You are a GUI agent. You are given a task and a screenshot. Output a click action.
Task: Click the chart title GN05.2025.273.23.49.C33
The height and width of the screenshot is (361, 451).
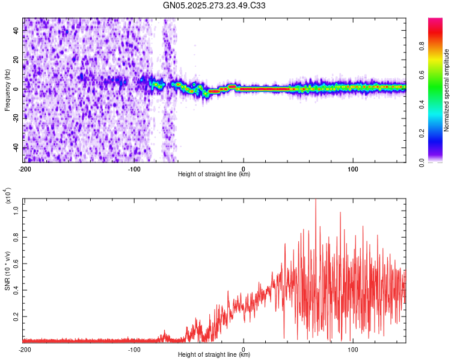coord(215,6)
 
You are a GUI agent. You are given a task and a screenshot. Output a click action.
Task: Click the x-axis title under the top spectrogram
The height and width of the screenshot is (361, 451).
coord(214,174)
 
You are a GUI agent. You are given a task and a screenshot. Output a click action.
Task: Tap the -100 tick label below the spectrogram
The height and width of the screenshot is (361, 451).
coord(133,168)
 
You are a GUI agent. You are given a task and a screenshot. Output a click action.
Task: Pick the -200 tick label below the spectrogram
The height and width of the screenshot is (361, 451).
coord(24,168)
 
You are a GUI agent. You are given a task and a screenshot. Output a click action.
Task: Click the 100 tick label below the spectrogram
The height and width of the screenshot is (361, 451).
coord(353,168)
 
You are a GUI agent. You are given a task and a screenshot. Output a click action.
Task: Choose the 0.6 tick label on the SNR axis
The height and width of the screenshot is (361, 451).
coord(17,263)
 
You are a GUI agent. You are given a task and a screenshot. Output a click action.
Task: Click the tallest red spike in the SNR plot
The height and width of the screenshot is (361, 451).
coord(316,201)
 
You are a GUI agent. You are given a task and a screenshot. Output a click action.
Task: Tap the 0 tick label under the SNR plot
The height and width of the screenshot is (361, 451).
coord(244,349)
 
